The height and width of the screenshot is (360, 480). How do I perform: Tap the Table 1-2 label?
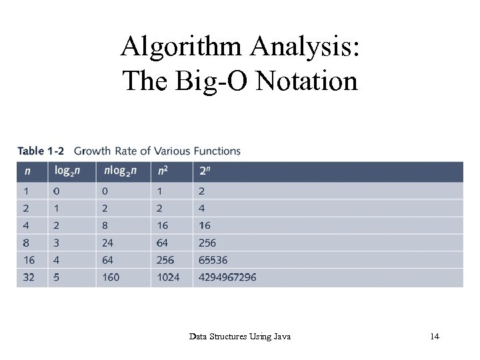pos(40,151)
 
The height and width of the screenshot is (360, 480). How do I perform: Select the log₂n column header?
pos(67,171)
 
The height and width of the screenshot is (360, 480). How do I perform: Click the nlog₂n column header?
pos(120,171)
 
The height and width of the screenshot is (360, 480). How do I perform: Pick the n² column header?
pos(163,171)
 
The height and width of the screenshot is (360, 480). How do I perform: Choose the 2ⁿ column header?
pos(206,171)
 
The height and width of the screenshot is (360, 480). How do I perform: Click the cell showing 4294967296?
pos(227,277)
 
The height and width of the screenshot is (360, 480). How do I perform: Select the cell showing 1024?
pos(168,277)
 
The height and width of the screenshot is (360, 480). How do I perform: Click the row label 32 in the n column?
pos(29,277)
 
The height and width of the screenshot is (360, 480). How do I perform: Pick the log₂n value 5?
pos(57,277)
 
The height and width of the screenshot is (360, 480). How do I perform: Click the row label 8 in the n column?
pos(26,243)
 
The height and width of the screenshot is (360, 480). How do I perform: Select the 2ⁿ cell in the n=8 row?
pos(207,243)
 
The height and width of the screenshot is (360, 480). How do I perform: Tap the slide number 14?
pos(435,337)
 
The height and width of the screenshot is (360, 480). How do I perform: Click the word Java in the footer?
pos(281,337)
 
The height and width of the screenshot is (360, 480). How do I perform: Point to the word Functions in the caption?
pos(217,151)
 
